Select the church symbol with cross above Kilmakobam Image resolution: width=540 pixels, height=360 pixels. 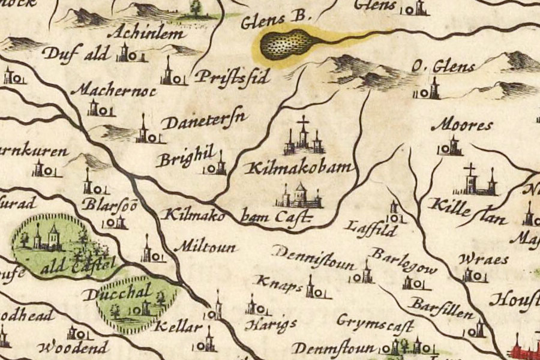(x=304, y=137)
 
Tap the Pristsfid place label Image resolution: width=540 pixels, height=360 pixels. (x=230, y=77)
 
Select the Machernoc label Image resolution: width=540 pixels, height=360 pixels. (x=113, y=91)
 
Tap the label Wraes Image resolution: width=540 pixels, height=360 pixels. (x=482, y=259)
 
